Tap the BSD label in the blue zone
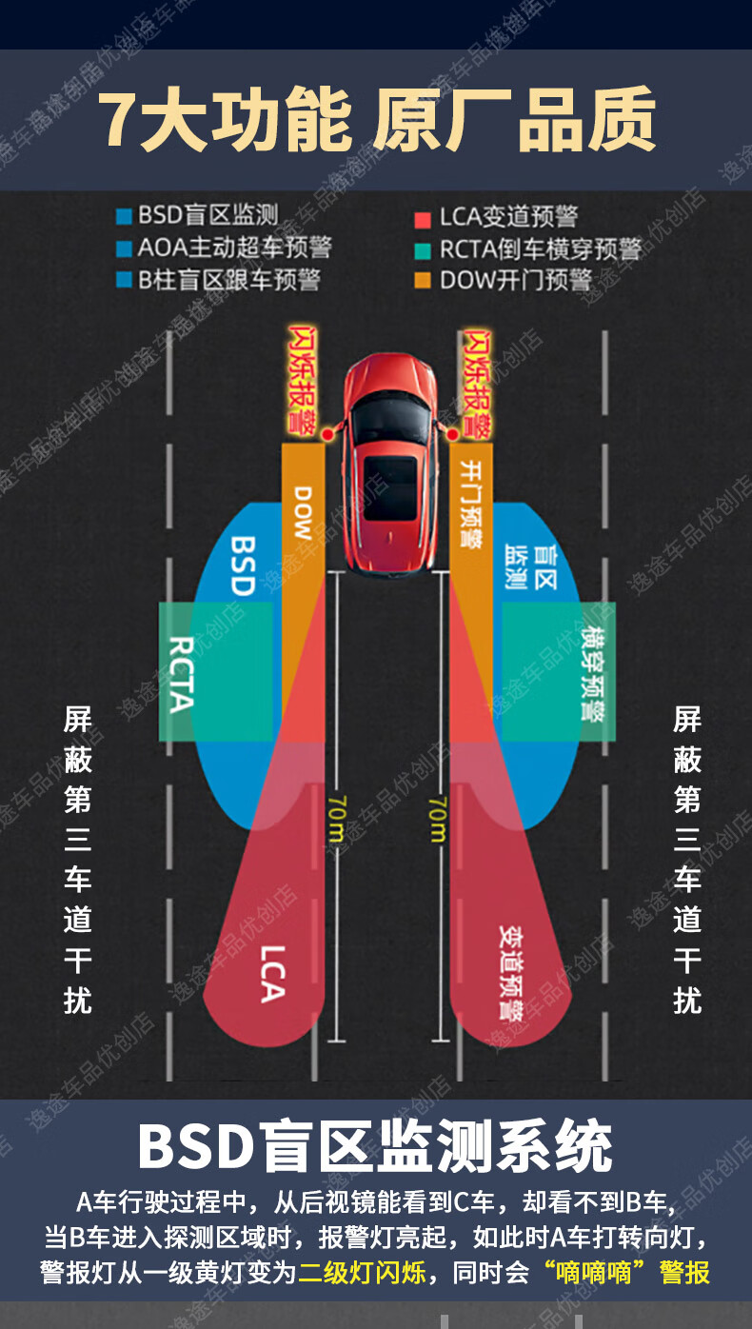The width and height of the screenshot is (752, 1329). pyautogui.click(x=244, y=565)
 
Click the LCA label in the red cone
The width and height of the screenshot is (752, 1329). pyautogui.click(x=271, y=973)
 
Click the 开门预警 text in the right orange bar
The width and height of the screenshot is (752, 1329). pyautogui.click(x=470, y=504)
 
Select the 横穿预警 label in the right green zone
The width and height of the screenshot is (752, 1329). pyautogui.click(x=592, y=672)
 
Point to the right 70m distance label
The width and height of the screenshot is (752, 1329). pyautogui.click(x=437, y=820)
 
